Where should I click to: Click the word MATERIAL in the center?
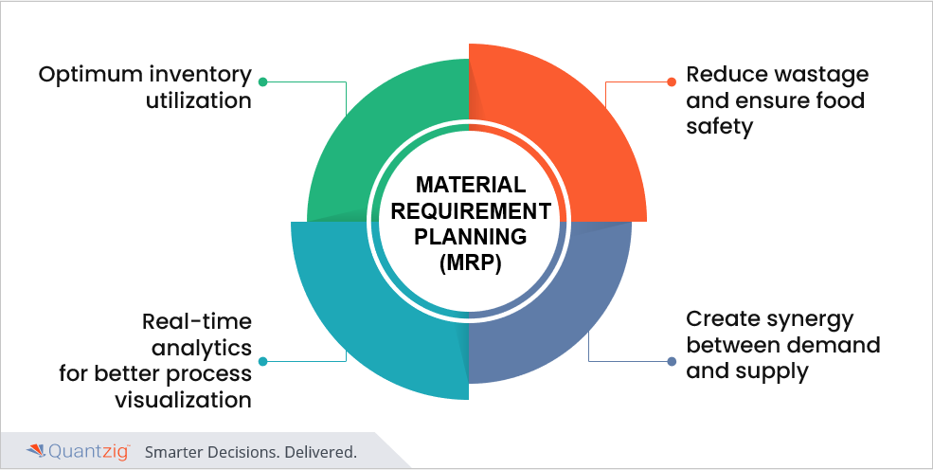[470, 184]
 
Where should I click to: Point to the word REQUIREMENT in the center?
[470, 210]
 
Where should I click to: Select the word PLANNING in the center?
[470, 236]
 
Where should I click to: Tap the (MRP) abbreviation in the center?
[470, 262]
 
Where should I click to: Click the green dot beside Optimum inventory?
[262, 81]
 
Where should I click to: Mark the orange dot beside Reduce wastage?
[672, 81]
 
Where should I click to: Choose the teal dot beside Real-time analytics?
[262, 361]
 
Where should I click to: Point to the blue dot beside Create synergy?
[672, 361]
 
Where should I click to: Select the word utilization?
[198, 100]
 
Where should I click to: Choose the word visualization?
[183, 400]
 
